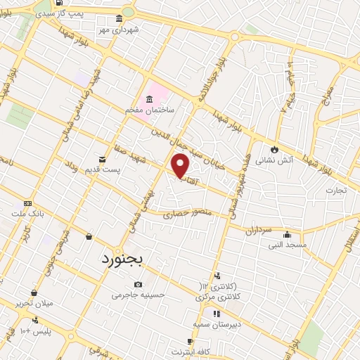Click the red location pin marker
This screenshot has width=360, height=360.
[181, 167]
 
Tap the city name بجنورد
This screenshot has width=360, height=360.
[117, 259]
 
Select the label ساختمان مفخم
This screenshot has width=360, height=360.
[150, 110]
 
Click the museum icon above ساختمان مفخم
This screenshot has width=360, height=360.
[149, 99]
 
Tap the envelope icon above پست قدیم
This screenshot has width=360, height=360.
[103, 160]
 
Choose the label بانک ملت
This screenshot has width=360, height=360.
[27, 212]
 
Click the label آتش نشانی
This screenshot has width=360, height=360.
[269, 160]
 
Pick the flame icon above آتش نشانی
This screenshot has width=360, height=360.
[274, 149]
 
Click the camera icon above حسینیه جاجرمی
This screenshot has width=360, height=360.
[138, 285]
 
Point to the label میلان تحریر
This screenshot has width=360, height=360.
[34, 303]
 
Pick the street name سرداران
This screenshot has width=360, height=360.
[259, 230]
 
